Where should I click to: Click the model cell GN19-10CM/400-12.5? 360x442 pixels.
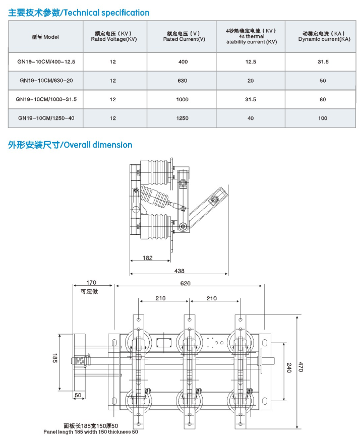click(46, 61)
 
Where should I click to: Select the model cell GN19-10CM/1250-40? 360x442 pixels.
click(46, 118)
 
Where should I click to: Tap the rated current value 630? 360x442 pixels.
click(183, 81)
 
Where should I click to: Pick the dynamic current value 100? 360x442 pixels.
click(323, 118)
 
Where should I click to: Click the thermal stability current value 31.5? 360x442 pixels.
click(251, 99)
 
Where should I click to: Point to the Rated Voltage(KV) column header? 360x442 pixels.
click(113, 36)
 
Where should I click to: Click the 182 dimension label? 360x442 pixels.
click(147, 258)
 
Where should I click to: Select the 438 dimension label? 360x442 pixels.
click(179, 271)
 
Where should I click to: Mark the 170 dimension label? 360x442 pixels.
click(91, 283)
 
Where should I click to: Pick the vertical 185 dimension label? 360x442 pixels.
click(54, 359)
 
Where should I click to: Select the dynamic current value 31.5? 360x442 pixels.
click(323, 61)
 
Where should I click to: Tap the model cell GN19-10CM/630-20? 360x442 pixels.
click(46, 81)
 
